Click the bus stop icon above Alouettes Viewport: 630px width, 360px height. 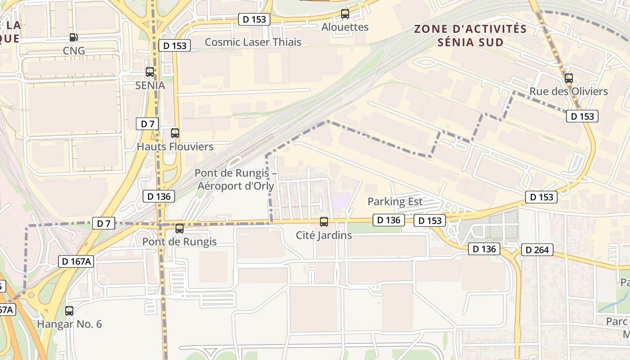click(x=345, y=14)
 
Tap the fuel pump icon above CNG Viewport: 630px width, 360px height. click(x=73, y=37)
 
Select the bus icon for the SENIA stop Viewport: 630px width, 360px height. click(x=150, y=72)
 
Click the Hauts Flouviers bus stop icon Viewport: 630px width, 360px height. click(x=175, y=133)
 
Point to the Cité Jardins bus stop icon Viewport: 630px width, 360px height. click(x=324, y=222)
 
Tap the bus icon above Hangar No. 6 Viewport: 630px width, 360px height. click(x=69, y=310)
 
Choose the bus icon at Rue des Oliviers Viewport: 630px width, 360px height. click(x=569, y=78)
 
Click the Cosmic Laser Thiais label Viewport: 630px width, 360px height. click(x=253, y=42)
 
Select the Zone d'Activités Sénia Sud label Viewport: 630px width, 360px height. click(x=470, y=36)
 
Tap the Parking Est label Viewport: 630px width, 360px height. click(x=395, y=202)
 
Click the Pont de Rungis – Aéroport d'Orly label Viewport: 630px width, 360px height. click(x=235, y=180)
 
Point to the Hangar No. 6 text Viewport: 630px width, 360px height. click(x=69, y=324)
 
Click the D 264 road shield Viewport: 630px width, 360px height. click(x=537, y=250)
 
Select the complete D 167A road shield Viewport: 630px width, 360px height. click(x=76, y=261)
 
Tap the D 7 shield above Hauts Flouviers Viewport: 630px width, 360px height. click(x=147, y=124)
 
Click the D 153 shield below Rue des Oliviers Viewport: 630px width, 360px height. click(x=582, y=116)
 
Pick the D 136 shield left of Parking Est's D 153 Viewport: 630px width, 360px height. click(x=388, y=220)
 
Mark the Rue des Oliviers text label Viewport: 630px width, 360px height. click(x=568, y=92)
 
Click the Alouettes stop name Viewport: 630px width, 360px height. click(x=345, y=27)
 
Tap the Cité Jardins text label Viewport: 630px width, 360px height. click(x=324, y=235)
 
